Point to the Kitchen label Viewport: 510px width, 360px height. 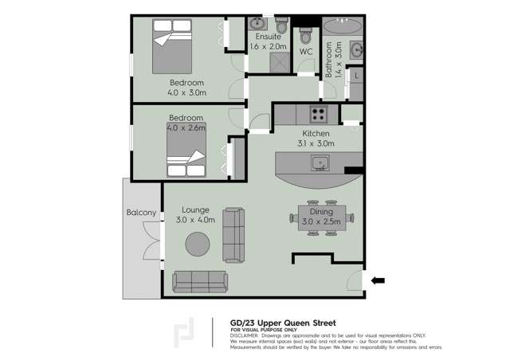(x=316, y=133)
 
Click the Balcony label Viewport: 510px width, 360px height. (x=140, y=213)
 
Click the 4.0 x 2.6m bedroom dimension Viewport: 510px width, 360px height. (x=186, y=127)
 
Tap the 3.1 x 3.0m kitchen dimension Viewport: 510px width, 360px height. (x=317, y=143)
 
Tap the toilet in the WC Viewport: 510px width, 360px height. (x=305, y=36)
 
